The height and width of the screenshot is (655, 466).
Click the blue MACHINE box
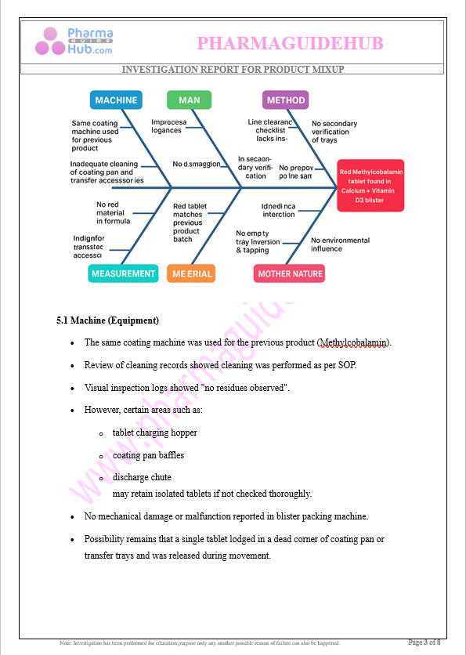(116, 100)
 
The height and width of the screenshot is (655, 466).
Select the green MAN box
(189, 100)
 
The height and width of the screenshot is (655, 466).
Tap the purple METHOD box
(286, 100)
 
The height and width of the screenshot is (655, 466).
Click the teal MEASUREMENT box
(124, 273)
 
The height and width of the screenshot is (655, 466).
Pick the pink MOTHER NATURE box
(290, 273)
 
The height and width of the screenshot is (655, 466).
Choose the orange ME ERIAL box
(190, 273)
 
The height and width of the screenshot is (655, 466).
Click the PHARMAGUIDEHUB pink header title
(290, 43)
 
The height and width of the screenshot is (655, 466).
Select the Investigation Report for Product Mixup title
(233, 70)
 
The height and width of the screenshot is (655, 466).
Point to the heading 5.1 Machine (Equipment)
(107, 320)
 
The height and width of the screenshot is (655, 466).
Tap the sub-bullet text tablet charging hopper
(154, 432)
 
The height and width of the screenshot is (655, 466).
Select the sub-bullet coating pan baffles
(148, 455)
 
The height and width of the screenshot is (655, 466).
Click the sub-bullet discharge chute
(142, 477)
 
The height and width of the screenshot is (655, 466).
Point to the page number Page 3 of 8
(424, 642)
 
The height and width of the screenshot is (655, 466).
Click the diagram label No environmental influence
(338, 244)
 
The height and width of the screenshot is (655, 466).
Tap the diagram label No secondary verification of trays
(334, 132)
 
